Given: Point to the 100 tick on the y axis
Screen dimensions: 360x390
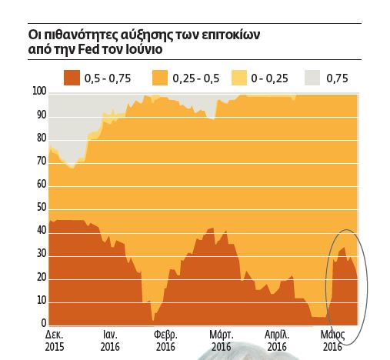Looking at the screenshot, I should click(x=39, y=92).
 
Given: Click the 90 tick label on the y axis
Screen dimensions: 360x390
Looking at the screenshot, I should click(x=42, y=115).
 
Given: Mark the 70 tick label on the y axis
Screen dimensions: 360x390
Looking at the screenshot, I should click(x=42, y=162).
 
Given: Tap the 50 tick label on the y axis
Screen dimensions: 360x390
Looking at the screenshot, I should click(x=42, y=208).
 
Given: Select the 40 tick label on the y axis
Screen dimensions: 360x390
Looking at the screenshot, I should click(x=42, y=231).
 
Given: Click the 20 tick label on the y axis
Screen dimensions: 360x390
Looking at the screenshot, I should click(x=42, y=277).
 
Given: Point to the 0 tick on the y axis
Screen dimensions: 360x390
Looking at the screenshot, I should click(x=44, y=323).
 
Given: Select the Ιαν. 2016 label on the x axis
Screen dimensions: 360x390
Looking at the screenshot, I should click(x=111, y=342).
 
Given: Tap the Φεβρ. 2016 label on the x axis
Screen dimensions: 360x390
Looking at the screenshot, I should click(x=165, y=342).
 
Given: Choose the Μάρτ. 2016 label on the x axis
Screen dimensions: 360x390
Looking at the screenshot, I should click(x=222, y=342).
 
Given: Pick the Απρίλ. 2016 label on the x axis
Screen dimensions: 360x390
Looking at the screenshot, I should click(x=277, y=342).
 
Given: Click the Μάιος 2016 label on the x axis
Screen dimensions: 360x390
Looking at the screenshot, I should click(x=332, y=342).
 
